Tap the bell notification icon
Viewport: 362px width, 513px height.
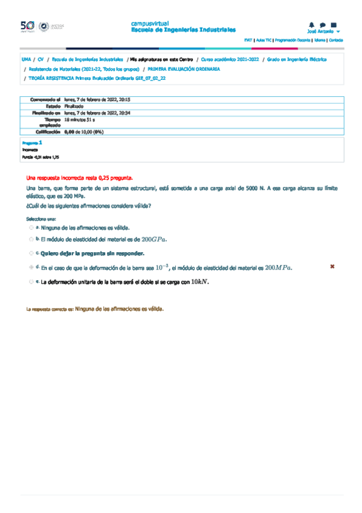312,25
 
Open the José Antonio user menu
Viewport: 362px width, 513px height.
323,31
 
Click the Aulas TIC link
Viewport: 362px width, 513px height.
263,40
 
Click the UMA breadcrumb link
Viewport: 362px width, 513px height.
26,60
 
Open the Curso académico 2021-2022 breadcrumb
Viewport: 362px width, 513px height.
230,60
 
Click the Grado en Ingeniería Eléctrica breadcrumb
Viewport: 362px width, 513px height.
297,60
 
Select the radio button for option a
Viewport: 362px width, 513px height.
31,228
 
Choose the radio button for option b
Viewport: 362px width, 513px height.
31,240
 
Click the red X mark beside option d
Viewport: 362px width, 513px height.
332,266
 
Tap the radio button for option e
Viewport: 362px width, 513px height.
31,281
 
